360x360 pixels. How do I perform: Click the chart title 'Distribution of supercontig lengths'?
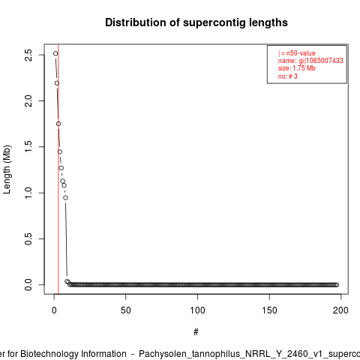(x=196, y=22)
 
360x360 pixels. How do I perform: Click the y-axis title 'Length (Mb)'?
(x=7, y=169)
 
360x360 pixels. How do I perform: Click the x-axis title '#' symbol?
(x=196, y=332)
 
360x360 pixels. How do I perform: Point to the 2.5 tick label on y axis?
(x=28, y=55)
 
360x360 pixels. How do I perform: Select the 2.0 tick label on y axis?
(x=28, y=100)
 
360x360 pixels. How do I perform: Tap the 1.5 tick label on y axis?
(x=28, y=147)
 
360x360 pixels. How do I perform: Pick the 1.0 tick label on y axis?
(x=28, y=193)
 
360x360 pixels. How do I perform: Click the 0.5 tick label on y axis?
(x=28, y=238)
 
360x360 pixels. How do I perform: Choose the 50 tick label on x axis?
(x=126, y=310)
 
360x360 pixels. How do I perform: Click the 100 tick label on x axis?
(x=197, y=310)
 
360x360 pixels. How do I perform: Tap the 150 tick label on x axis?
(x=269, y=310)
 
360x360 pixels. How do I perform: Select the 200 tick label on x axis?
(x=340, y=310)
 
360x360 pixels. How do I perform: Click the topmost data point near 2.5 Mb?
(x=55, y=53)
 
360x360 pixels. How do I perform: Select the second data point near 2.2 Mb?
(x=57, y=83)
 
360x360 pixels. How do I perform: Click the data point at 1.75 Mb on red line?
(x=58, y=124)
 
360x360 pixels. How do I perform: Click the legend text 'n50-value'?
(x=301, y=53)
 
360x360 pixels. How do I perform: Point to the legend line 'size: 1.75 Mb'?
(x=297, y=68)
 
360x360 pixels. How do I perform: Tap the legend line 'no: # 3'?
(x=288, y=76)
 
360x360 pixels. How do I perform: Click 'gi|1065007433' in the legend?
(x=321, y=61)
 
